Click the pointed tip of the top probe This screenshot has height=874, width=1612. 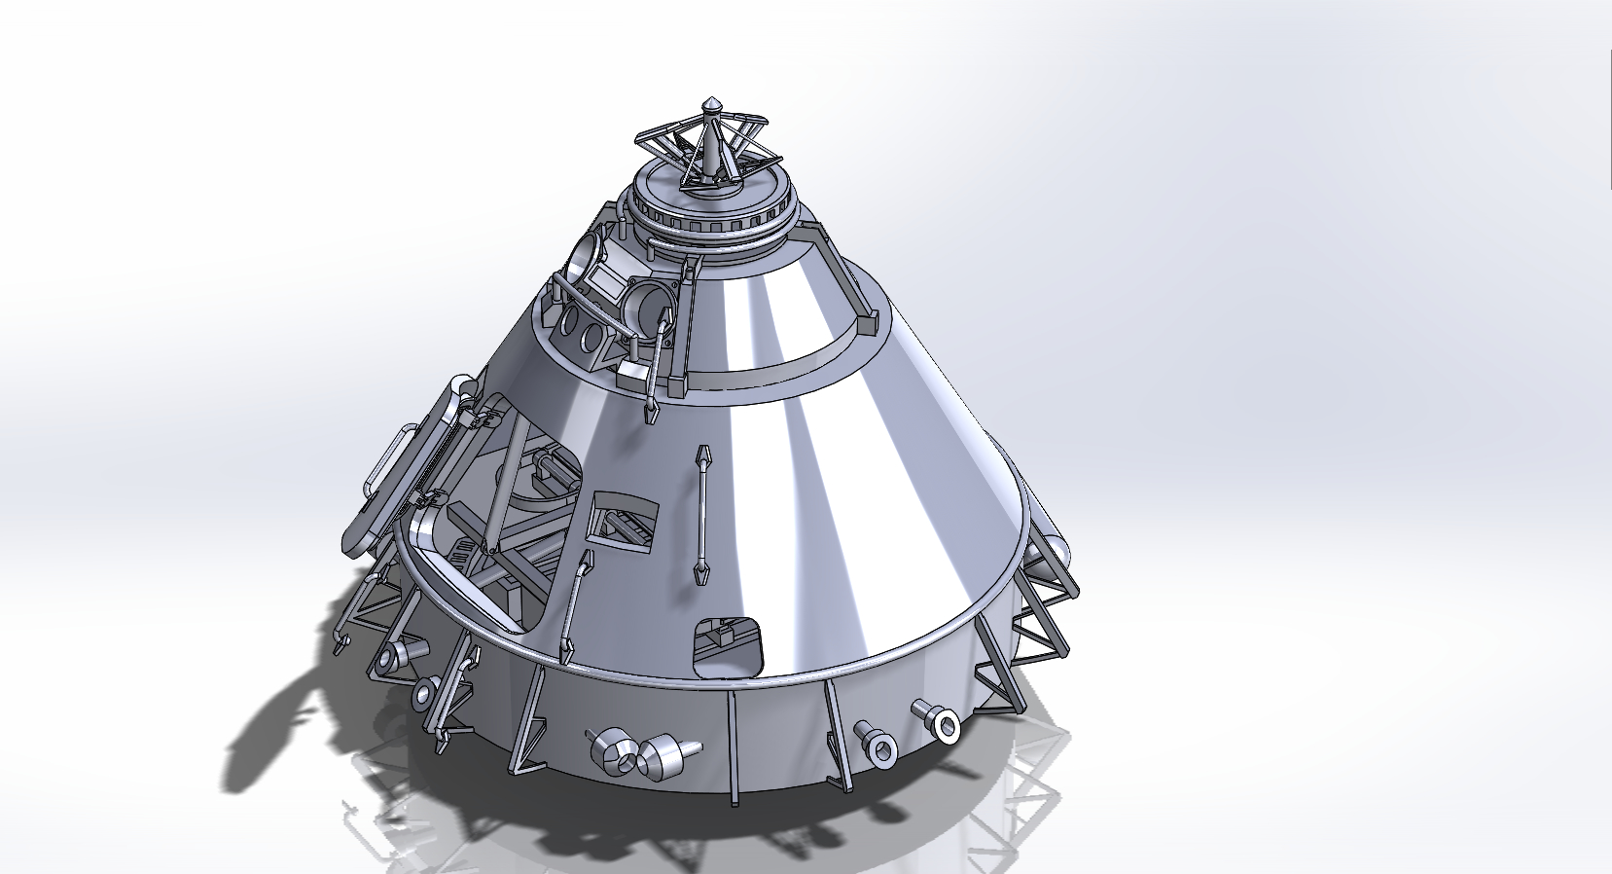pyautogui.click(x=712, y=101)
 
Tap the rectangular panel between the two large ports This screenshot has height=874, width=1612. pyautogui.click(x=609, y=283)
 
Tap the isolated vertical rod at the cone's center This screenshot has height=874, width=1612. pyautogui.click(x=700, y=516)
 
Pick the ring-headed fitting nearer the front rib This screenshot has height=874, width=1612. pyautogui.click(x=878, y=744)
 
